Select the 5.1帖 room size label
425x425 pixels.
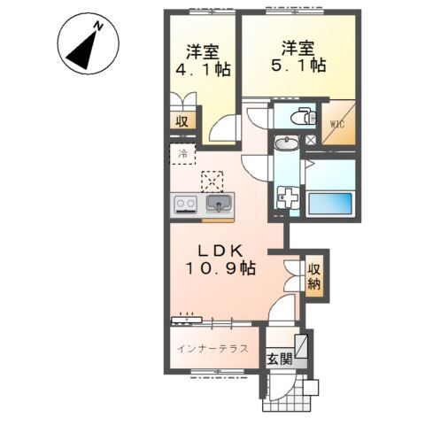tap(297, 66)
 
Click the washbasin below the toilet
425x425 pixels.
tap(288, 144)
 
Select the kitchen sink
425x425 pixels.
tap(218, 205)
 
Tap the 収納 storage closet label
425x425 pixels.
tap(314, 276)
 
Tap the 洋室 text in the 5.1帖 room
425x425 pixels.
tap(297, 46)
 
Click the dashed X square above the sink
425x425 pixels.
tap(212, 181)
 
